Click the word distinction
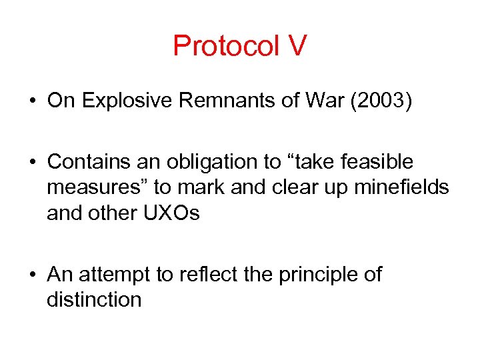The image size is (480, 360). (x=94, y=300)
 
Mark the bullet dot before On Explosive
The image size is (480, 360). (x=32, y=101)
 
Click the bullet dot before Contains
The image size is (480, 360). (x=32, y=162)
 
